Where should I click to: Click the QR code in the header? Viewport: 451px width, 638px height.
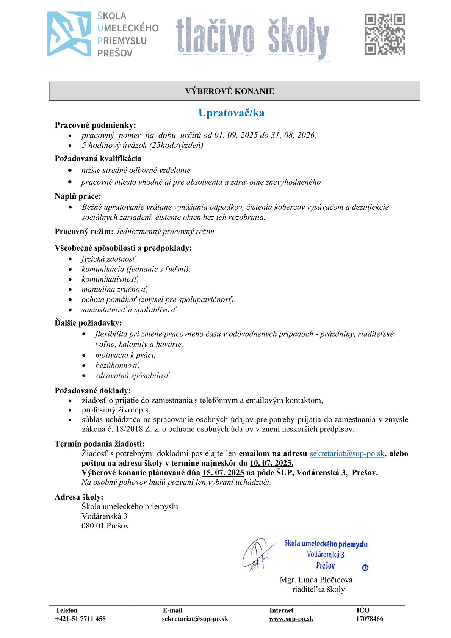click(385, 34)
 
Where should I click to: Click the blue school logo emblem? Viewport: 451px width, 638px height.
click(69, 34)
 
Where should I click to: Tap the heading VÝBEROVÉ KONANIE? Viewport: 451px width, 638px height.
click(230, 91)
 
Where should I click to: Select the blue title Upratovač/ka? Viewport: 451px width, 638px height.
click(231, 113)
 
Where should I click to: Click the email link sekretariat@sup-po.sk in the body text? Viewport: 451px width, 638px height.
click(347, 454)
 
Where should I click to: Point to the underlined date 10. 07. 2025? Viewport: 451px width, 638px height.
click(271, 463)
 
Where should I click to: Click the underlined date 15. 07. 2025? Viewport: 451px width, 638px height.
click(223, 473)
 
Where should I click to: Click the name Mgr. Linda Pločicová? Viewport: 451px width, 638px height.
click(316, 580)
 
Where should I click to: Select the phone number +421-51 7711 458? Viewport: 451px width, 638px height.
click(81, 619)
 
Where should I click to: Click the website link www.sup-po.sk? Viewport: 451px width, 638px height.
click(291, 619)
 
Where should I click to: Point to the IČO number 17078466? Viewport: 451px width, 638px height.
click(369, 619)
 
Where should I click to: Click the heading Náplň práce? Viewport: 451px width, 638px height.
click(78, 196)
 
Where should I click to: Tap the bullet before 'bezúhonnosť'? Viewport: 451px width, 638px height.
click(84, 366)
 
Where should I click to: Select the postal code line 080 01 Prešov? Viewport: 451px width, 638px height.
click(105, 526)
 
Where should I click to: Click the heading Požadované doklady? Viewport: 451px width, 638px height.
click(93, 390)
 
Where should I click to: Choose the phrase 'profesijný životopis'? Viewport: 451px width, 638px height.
click(116, 410)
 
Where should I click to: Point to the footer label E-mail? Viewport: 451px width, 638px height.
click(172, 610)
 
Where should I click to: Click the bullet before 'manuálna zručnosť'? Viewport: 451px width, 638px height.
click(70, 290)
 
